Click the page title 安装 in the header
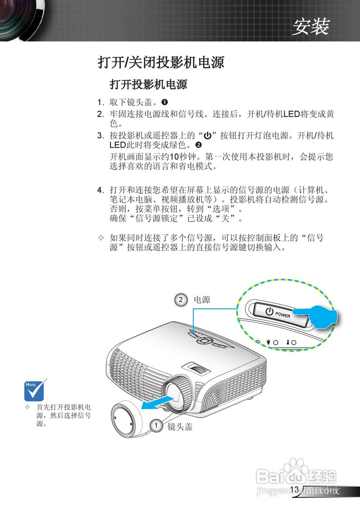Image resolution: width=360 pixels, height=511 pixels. point(311,27)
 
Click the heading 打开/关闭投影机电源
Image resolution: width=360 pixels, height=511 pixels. point(161,62)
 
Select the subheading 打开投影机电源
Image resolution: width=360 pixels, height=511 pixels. point(148,84)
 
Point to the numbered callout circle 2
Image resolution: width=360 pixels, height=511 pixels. point(181,299)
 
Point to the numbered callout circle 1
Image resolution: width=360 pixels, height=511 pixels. point(156,426)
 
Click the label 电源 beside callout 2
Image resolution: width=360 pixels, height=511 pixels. point(202,299)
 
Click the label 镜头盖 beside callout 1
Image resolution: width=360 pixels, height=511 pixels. point(180,426)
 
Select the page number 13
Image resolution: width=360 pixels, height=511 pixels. point(295,490)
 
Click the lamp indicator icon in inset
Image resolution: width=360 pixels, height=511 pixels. point(269,342)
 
